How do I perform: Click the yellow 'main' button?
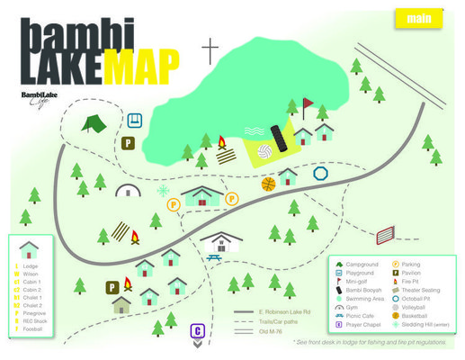419,18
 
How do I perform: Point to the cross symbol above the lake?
210,50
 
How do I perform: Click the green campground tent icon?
93,123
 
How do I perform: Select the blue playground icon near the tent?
135,120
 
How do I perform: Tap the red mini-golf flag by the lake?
306,106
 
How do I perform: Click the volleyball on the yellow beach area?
265,152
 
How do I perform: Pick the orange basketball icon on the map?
268,184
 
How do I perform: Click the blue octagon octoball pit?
319,173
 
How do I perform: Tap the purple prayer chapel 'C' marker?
197,331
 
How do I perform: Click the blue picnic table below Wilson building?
214,259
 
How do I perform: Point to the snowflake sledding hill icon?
163,192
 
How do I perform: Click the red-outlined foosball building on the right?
385,236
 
